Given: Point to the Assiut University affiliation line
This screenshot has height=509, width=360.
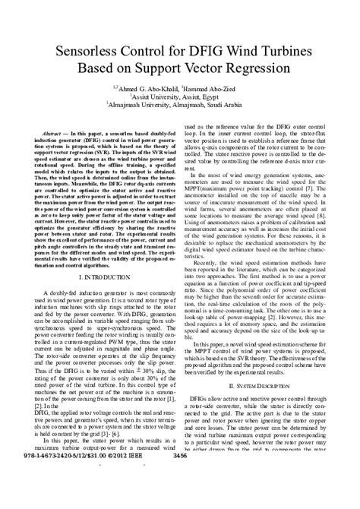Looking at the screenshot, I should point(179,100).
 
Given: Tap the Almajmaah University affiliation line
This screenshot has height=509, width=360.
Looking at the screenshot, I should point(179,109).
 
